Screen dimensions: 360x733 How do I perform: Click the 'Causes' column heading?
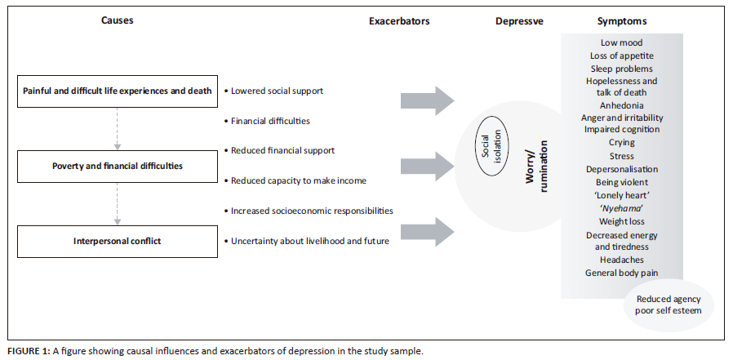pos(118,20)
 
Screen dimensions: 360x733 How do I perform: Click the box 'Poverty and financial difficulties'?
pos(118,165)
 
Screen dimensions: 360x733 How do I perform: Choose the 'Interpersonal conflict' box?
pos(118,240)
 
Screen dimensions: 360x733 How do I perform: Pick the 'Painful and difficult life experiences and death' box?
pos(118,91)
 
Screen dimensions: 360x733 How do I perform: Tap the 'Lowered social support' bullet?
pos(275,91)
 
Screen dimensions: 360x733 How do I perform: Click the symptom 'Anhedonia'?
pos(621,105)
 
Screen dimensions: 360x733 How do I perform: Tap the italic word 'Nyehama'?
pos(621,209)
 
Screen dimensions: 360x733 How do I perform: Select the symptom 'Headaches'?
pos(621,260)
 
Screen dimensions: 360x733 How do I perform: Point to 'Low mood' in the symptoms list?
pos(621,42)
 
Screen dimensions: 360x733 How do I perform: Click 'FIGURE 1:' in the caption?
pos(29,351)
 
